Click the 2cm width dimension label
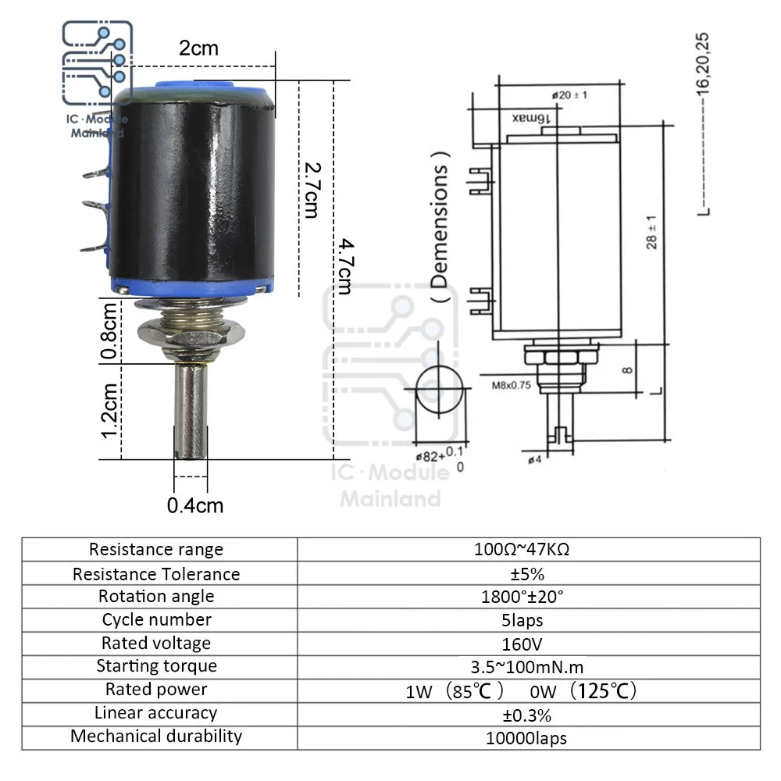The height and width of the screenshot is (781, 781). [198, 48]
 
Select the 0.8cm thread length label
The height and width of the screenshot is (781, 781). [109, 330]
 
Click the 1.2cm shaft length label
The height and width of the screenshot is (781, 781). [109, 411]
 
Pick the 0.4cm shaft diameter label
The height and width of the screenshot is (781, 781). [194, 505]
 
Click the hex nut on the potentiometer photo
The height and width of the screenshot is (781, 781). [191, 332]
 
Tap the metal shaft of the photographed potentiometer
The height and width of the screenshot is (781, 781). [191, 411]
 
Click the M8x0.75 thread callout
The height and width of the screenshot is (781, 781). [511, 385]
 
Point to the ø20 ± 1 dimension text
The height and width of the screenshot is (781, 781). [569, 95]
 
